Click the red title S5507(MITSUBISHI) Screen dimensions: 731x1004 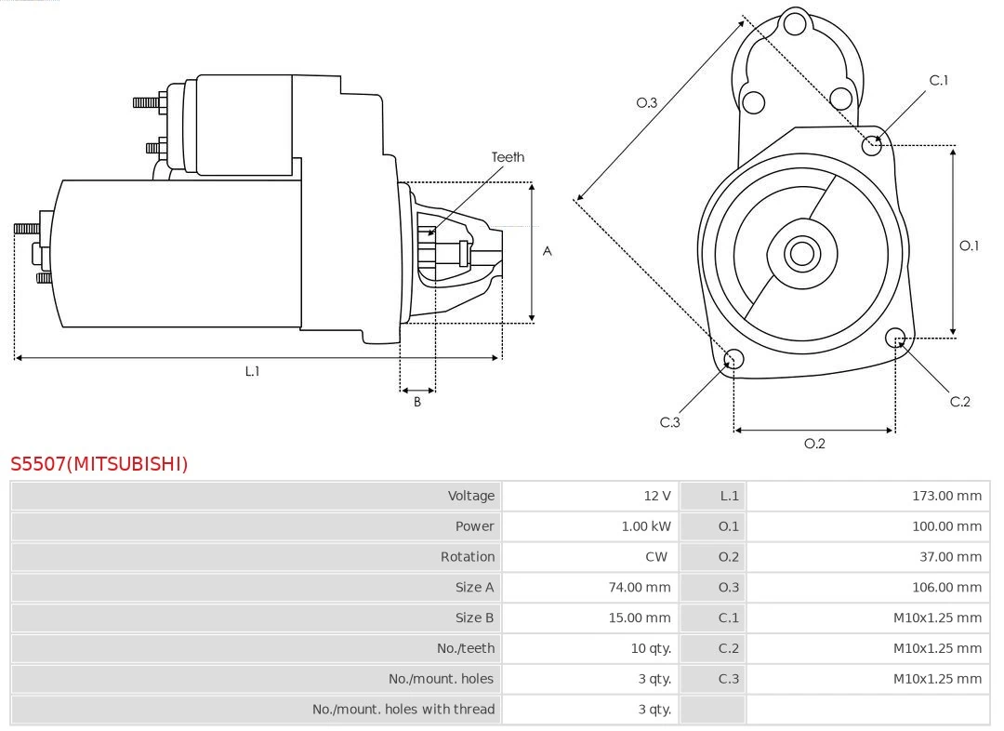click(x=99, y=463)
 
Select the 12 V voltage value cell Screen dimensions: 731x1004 click(x=655, y=496)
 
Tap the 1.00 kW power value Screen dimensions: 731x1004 click(x=645, y=526)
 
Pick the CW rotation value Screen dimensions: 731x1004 click(x=655, y=556)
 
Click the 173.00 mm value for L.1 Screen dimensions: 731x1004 click(x=946, y=496)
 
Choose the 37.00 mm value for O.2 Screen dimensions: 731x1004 click(x=949, y=556)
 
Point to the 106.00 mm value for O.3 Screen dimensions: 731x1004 click(x=946, y=587)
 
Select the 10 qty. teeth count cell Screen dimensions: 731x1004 click(x=651, y=648)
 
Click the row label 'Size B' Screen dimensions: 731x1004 click(x=474, y=618)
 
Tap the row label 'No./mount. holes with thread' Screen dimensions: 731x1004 click(x=403, y=709)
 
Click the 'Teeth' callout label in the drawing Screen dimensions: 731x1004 click(x=508, y=157)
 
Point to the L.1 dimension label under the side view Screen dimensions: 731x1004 click(x=252, y=371)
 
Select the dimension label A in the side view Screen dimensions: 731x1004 click(x=547, y=251)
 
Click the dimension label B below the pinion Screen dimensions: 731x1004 click(x=417, y=403)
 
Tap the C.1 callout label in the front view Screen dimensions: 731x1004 click(x=938, y=80)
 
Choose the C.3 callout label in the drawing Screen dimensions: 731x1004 click(x=669, y=422)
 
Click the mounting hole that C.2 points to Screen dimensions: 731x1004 click(x=895, y=337)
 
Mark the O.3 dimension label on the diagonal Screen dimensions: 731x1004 click(x=646, y=102)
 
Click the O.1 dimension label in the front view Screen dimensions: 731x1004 click(x=969, y=246)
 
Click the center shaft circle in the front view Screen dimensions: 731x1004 click(x=800, y=253)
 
